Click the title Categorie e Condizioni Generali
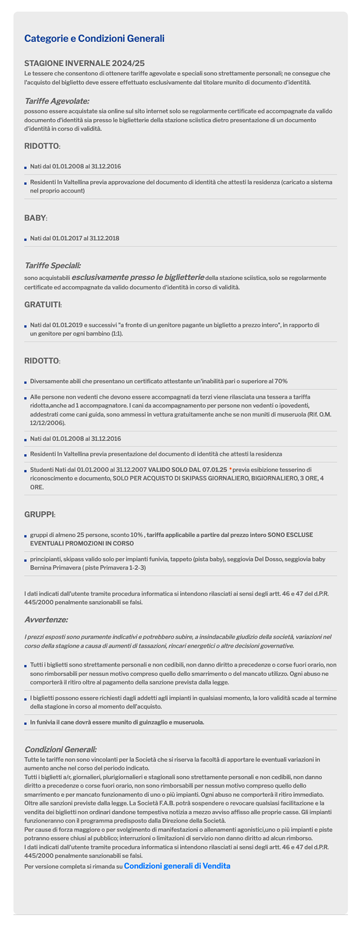(x=94, y=39)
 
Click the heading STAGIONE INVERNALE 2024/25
(x=84, y=63)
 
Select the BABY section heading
(x=35, y=218)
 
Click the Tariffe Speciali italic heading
(x=52, y=265)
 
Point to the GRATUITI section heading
(x=43, y=305)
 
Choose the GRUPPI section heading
(x=39, y=514)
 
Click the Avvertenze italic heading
(x=46, y=620)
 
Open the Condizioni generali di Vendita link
(x=177, y=866)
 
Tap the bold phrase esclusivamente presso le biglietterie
(x=138, y=277)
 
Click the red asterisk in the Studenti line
(x=230, y=469)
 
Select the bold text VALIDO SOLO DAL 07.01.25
(x=188, y=469)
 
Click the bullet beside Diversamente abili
(x=25, y=382)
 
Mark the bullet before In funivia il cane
(x=25, y=723)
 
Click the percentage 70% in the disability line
(x=280, y=381)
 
